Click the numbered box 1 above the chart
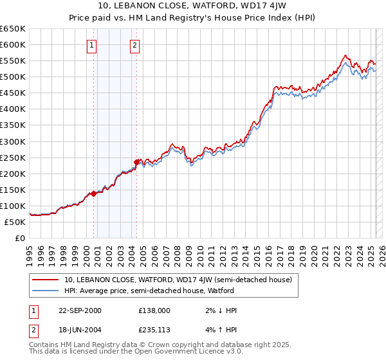(x=93, y=45)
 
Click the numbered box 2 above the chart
(x=134, y=45)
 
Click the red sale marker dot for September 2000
(x=94, y=193)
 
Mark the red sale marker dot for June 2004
(x=136, y=162)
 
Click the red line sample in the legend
(x=46, y=280)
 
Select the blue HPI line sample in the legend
(x=46, y=291)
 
